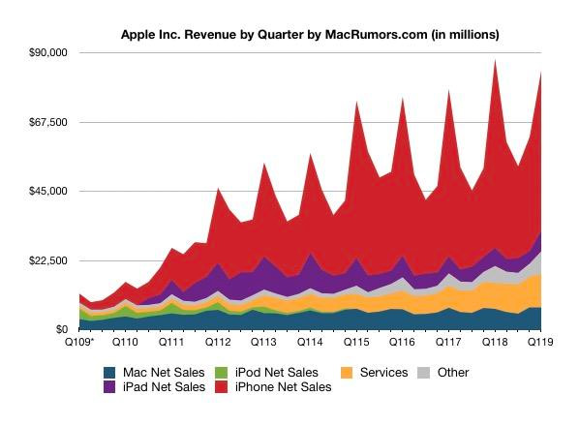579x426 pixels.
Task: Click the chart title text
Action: point(309,34)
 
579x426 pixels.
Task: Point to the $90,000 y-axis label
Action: point(47,52)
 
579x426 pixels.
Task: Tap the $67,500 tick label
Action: point(47,122)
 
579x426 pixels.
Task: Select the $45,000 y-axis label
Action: point(47,191)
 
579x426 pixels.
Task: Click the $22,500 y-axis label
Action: point(47,260)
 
